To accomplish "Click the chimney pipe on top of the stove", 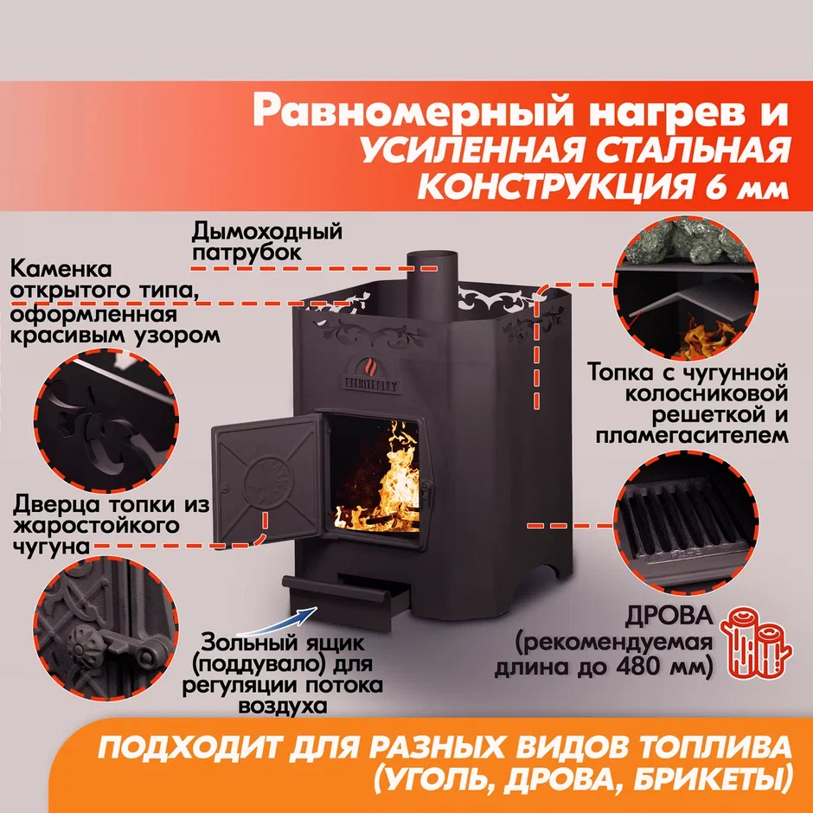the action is click(432, 283).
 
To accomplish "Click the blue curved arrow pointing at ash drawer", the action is click(280, 624).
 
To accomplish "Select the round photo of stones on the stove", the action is click(686, 289).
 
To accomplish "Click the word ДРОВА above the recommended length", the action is click(669, 616).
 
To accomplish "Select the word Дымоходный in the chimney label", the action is click(267, 231).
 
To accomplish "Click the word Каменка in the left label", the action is click(61, 270).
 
